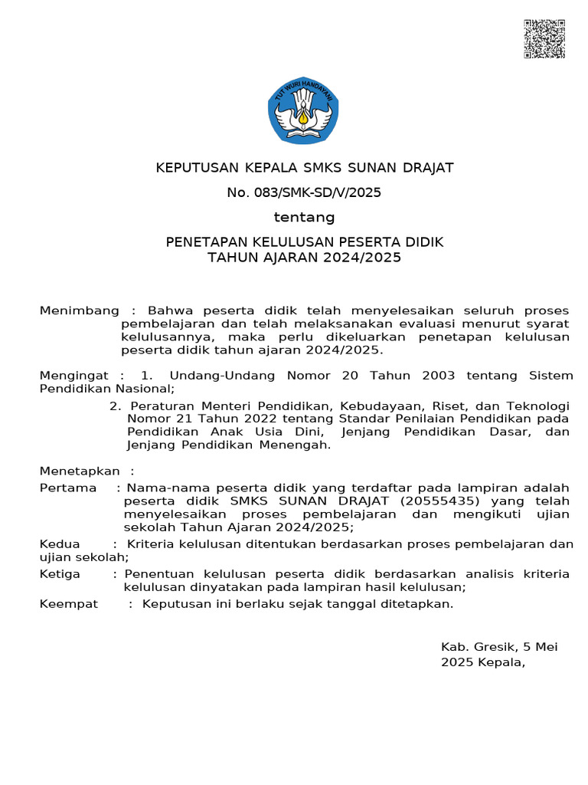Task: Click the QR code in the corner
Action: tap(544, 39)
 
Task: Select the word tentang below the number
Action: tap(304, 218)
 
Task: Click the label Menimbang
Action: tap(79, 310)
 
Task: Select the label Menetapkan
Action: tap(80, 471)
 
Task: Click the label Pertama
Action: tap(68, 488)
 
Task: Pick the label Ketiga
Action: tap(60, 574)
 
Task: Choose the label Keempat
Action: tap(69, 604)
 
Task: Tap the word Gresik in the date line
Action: tap(494, 647)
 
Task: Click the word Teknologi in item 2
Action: tap(537, 406)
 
